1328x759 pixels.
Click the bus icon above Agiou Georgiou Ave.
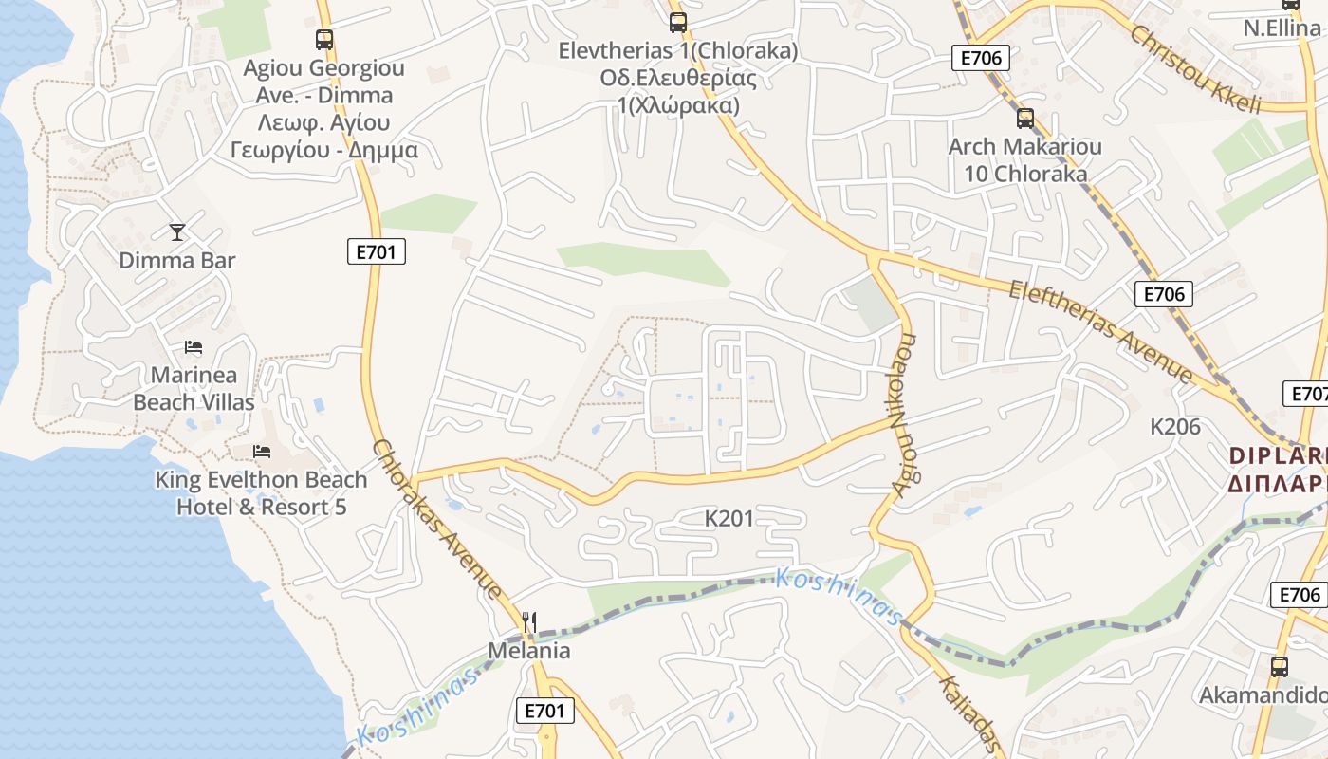click(324, 40)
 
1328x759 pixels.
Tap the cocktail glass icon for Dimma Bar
click(176, 231)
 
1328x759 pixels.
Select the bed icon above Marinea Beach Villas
click(194, 347)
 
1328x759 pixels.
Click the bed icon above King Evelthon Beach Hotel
click(262, 452)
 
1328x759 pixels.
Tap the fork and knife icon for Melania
click(529, 622)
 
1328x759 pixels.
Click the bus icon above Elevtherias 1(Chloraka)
click(677, 22)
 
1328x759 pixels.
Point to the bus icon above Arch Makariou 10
click(1024, 119)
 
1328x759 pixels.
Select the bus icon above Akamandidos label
click(1279, 666)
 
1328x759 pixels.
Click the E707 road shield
click(1307, 393)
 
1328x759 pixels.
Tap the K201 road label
click(729, 518)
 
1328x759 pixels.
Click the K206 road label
click(1175, 427)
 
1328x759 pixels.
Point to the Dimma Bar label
click(176, 260)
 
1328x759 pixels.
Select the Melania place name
click(529, 651)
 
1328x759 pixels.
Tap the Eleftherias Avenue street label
click(1100, 330)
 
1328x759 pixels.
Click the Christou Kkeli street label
click(1195, 68)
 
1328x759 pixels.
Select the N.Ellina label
click(1282, 28)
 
